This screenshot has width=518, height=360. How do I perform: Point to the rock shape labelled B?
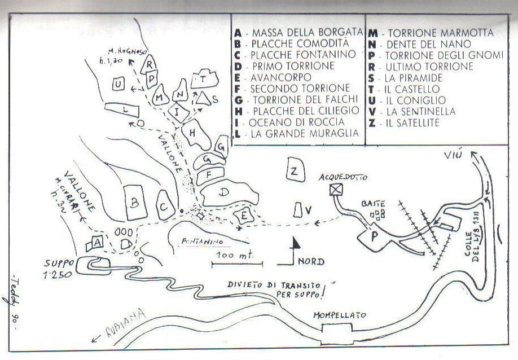pyautogui.click(x=135, y=202)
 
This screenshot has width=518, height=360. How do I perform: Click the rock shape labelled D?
pyautogui.click(x=224, y=194)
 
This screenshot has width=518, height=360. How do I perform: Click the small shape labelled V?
pyautogui.click(x=298, y=210)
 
